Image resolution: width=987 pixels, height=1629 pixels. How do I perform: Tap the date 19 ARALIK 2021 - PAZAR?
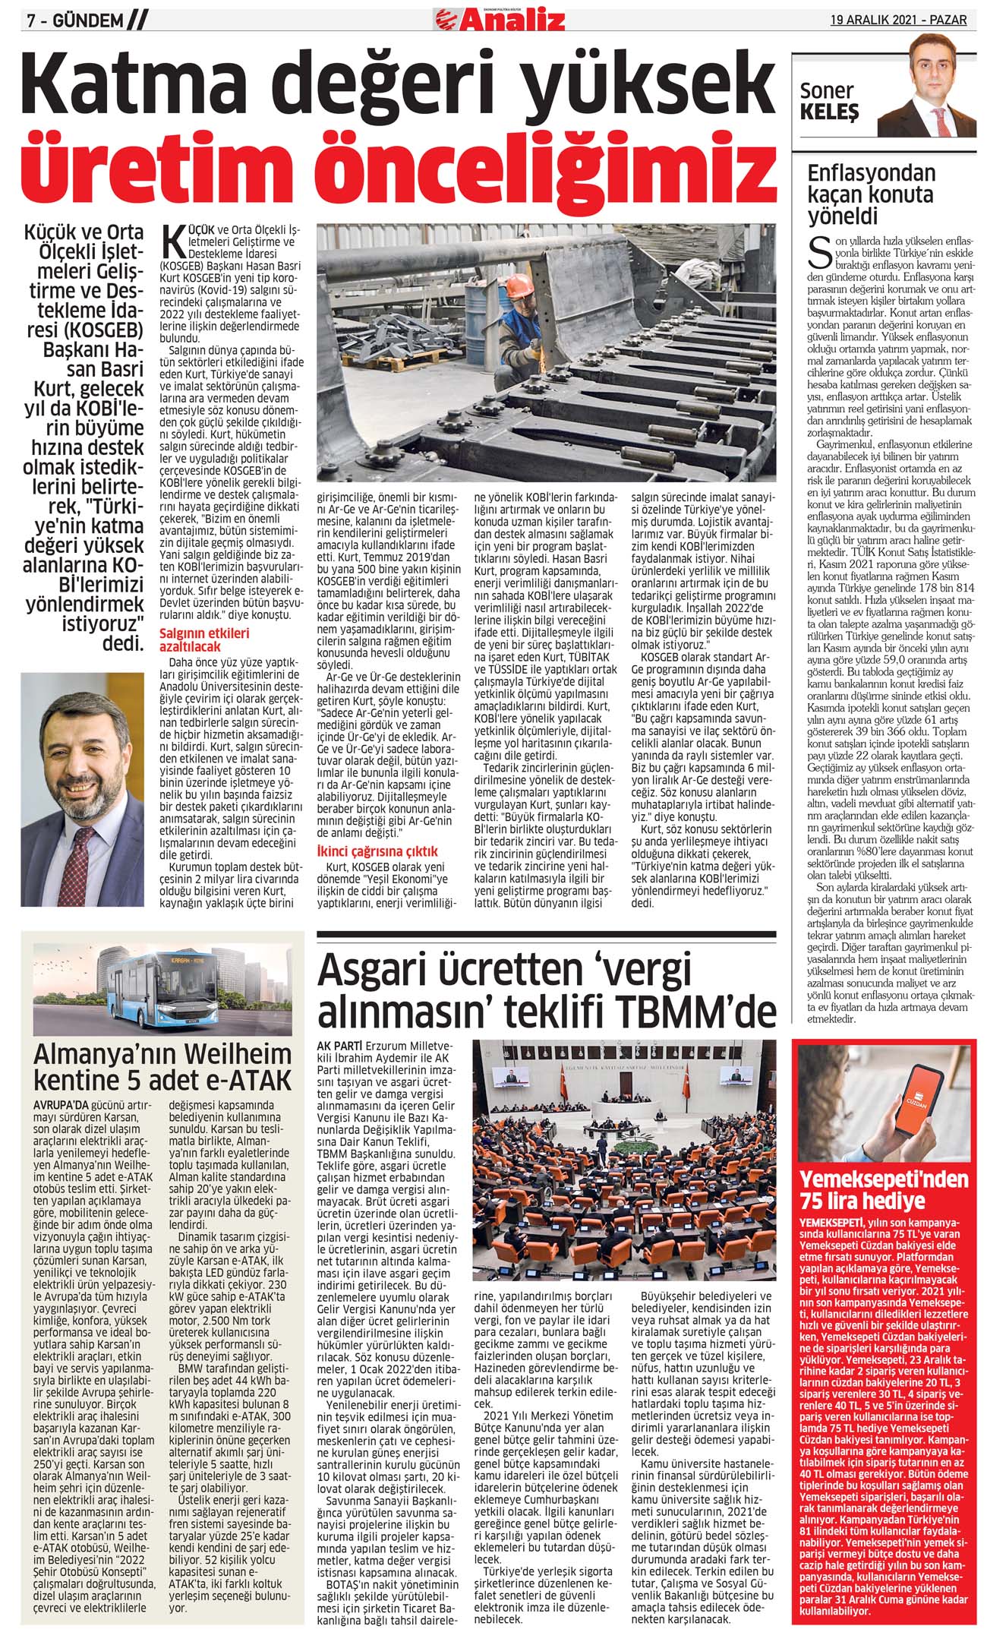coord(898,19)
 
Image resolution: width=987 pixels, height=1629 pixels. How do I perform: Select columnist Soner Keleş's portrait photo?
coord(923,94)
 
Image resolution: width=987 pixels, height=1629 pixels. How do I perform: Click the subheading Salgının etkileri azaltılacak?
coord(203,639)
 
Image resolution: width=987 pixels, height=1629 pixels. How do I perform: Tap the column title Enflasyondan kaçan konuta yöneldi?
coord(870,194)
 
